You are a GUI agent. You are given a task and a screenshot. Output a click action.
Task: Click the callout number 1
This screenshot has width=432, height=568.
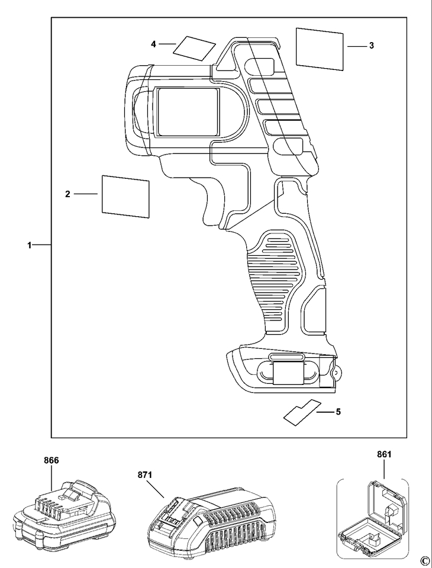[x=30, y=245]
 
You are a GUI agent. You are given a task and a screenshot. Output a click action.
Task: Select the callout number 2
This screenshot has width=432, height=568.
[x=67, y=194]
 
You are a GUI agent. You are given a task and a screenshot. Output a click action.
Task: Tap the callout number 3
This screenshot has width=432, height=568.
[x=372, y=46]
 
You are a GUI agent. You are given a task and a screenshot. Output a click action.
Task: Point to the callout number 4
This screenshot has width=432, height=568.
[x=153, y=44]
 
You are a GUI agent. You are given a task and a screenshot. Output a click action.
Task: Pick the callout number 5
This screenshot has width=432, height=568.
[x=338, y=412]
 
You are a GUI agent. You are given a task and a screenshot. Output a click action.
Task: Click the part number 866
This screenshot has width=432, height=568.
[x=51, y=460]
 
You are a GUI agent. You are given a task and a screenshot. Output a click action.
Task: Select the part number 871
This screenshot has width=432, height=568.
[x=145, y=475]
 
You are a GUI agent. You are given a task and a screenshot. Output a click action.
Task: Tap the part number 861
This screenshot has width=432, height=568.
[x=384, y=454]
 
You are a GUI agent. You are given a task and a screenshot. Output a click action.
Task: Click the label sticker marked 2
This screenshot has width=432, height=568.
[x=125, y=197]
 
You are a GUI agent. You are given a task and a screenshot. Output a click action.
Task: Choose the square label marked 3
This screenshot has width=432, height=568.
[x=320, y=49]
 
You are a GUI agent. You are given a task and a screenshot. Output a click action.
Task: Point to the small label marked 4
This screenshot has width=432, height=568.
[x=194, y=48]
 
